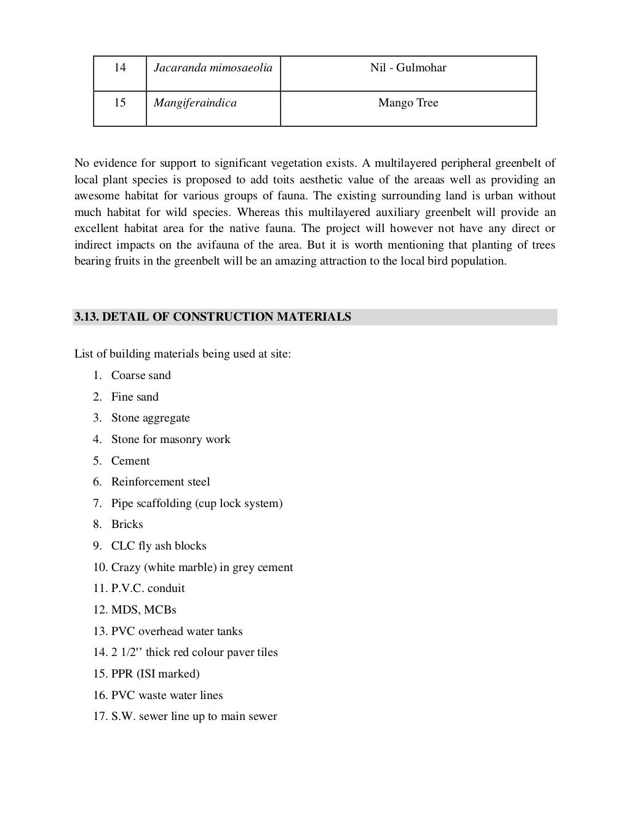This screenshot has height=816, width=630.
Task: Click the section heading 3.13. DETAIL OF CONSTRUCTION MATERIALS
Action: point(213,317)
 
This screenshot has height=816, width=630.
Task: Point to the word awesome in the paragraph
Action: point(95,196)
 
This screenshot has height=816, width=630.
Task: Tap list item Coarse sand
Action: point(141,375)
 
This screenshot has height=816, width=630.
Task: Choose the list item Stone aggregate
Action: point(150,418)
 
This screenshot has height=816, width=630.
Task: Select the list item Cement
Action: point(130,461)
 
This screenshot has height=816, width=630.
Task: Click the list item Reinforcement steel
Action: point(161,482)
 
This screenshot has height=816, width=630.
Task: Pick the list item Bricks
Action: point(127,524)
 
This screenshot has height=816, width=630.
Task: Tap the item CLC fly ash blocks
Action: point(159,546)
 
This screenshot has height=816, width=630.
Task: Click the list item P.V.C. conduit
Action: point(148,588)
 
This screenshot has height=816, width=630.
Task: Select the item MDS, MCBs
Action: point(143,610)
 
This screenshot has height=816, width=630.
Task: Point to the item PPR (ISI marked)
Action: point(155,674)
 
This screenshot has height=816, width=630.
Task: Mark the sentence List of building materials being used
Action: point(183,354)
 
